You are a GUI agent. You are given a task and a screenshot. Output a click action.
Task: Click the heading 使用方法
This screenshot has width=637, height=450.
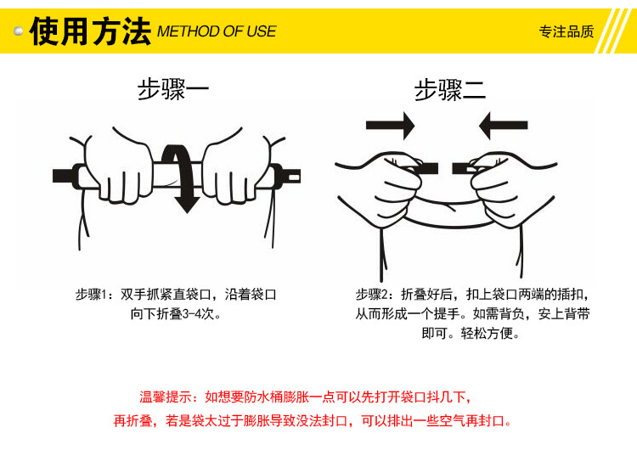90,31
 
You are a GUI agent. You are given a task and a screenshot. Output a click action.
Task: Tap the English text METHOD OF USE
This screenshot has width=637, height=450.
217,31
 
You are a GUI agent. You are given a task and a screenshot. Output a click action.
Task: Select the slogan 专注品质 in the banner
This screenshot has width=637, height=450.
567,31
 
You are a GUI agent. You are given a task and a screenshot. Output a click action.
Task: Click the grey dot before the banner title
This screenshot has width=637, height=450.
19,31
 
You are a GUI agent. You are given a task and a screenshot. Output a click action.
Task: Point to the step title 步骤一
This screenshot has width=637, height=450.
173,89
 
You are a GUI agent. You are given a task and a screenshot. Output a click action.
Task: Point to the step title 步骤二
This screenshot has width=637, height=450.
450,90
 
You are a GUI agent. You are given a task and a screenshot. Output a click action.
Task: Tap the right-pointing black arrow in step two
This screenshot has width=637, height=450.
390,126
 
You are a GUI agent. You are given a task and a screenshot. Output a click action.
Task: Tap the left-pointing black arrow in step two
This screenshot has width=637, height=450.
504,126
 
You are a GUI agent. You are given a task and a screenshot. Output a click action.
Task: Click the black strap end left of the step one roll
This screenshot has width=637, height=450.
63,176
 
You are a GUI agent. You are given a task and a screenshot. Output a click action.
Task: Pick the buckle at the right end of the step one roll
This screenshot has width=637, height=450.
290,177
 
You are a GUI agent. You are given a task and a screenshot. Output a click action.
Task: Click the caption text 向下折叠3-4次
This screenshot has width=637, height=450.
176,314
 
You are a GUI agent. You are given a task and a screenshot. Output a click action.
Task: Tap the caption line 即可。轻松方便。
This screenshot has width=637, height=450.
471,334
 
